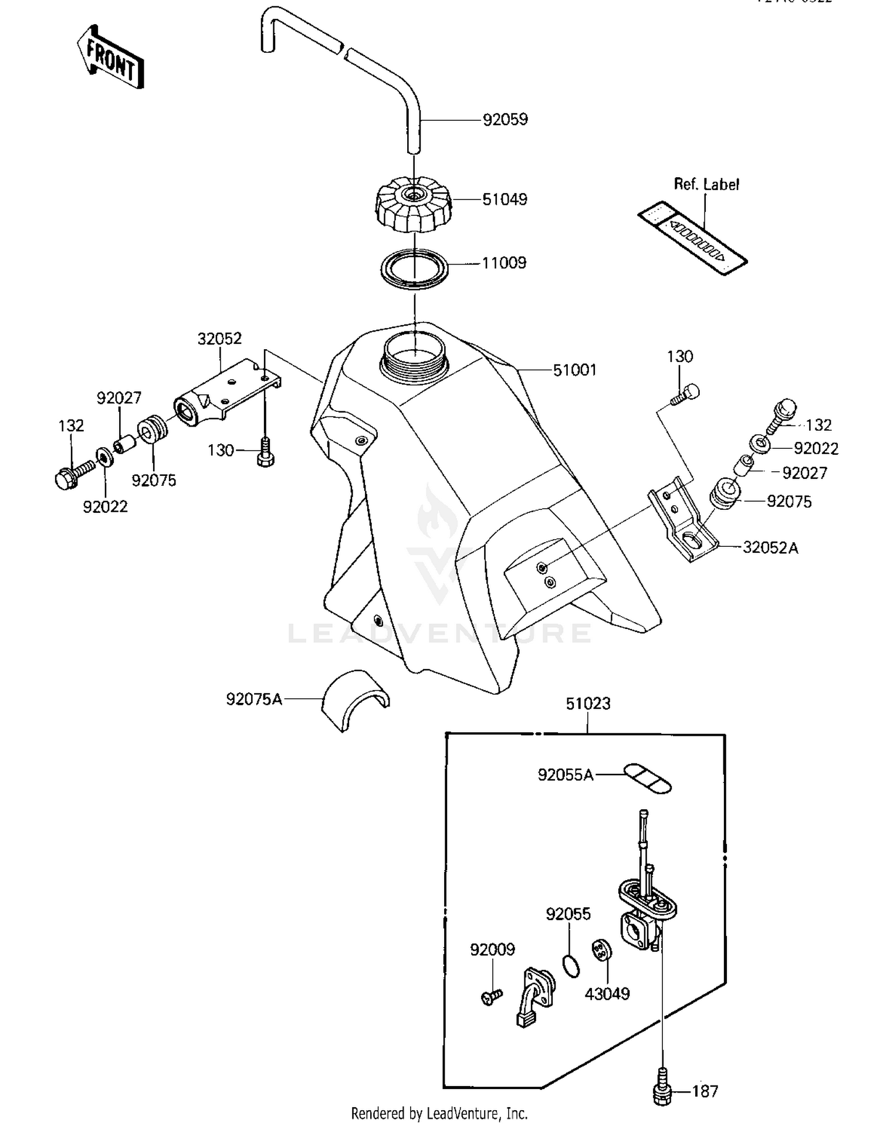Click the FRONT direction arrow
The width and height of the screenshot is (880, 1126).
click(110, 58)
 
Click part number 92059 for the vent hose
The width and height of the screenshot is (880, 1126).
click(505, 120)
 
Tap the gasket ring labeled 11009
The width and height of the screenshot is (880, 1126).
click(414, 269)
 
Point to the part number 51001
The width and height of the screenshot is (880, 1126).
click(574, 370)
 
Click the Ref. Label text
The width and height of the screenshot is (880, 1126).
click(706, 184)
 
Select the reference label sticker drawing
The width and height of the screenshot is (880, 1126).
click(692, 238)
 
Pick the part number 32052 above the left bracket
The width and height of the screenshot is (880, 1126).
click(219, 339)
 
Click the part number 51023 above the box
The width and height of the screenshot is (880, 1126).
click(588, 704)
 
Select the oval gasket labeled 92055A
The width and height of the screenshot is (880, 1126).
click(647, 779)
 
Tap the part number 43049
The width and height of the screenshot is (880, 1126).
click(607, 994)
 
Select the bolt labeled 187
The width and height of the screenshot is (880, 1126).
click(662, 1091)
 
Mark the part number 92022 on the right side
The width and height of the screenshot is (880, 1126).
click(815, 448)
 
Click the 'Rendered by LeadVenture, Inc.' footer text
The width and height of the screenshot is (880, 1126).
click(439, 1113)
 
